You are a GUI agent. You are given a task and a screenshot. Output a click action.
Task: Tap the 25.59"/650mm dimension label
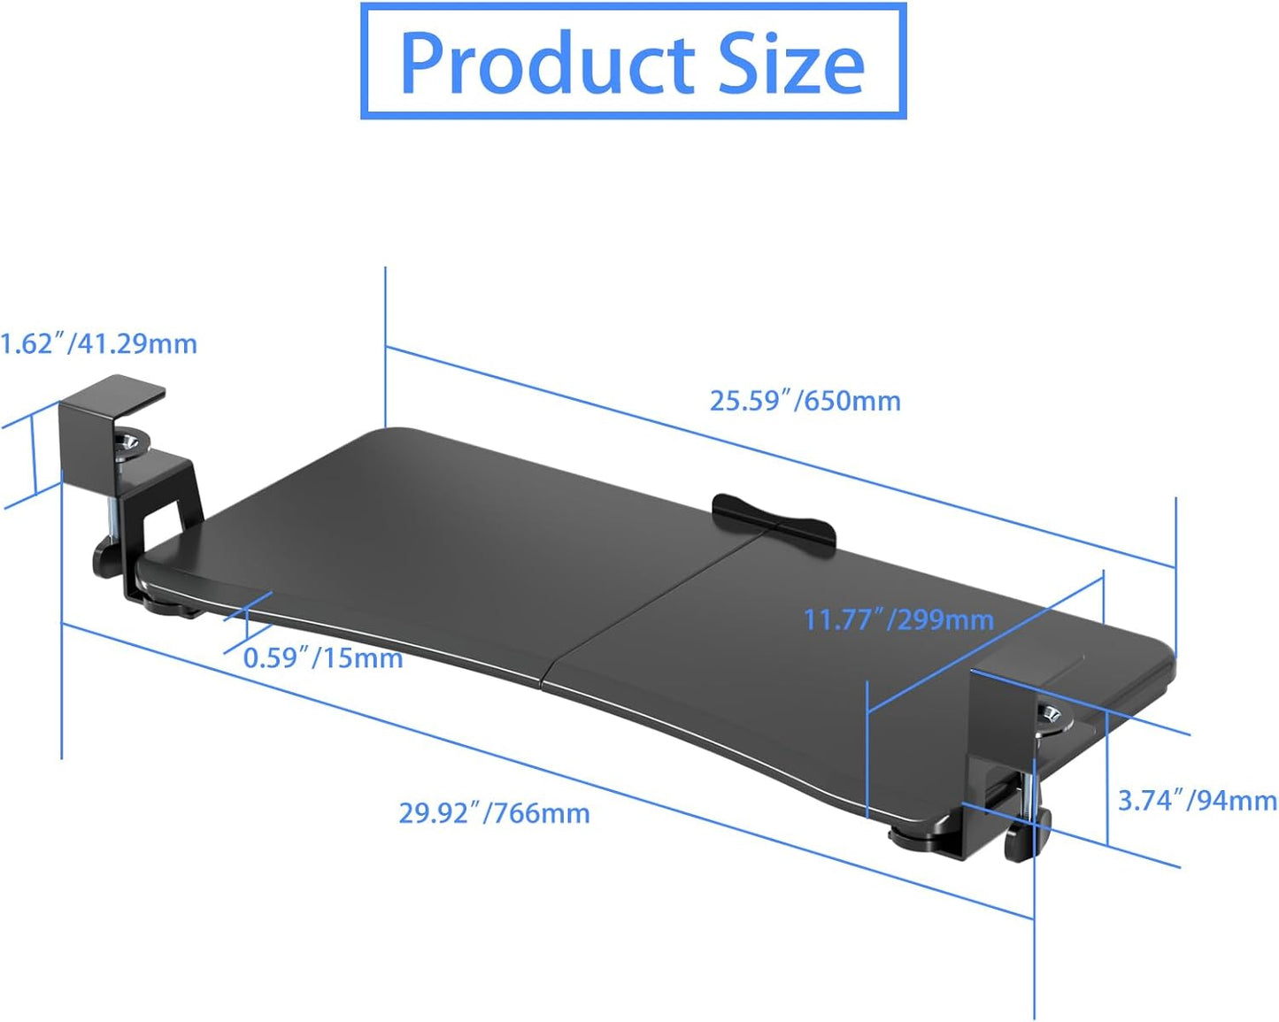click(x=805, y=401)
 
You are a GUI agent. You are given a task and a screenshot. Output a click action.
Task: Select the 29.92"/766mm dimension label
click(x=494, y=812)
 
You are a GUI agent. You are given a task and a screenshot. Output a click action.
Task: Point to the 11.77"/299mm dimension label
click(x=898, y=619)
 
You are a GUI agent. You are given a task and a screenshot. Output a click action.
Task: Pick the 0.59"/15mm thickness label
click(x=323, y=658)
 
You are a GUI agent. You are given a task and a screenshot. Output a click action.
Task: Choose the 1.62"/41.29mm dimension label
click(x=99, y=343)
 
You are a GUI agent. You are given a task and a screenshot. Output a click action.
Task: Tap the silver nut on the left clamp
click(x=133, y=442)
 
